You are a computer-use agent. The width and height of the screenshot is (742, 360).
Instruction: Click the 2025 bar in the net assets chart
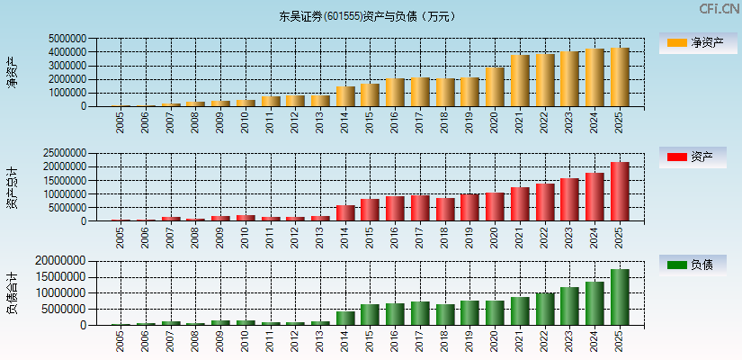point(620,77)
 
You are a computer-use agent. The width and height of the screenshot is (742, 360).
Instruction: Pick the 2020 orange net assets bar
point(495,87)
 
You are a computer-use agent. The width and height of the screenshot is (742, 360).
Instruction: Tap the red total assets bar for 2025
point(620,192)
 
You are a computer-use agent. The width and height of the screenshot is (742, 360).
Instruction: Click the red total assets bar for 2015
point(370,210)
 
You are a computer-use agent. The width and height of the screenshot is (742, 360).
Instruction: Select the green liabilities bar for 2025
point(620,297)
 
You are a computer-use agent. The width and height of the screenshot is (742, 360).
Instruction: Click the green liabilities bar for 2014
point(345,318)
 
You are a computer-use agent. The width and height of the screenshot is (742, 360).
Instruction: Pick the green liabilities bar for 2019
point(469,312)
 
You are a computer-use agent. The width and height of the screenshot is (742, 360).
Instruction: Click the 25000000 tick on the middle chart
point(66,153)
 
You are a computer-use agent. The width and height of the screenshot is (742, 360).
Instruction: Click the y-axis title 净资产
point(12,72)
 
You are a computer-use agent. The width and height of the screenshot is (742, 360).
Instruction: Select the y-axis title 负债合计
point(12,292)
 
